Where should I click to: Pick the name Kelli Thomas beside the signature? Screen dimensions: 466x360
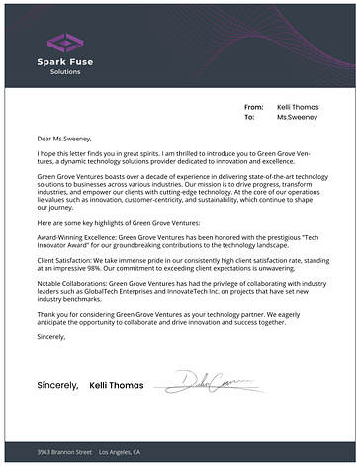[117, 383]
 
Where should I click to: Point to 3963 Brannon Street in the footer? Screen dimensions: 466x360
[63, 452]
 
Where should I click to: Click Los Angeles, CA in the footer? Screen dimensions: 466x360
[120, 452]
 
